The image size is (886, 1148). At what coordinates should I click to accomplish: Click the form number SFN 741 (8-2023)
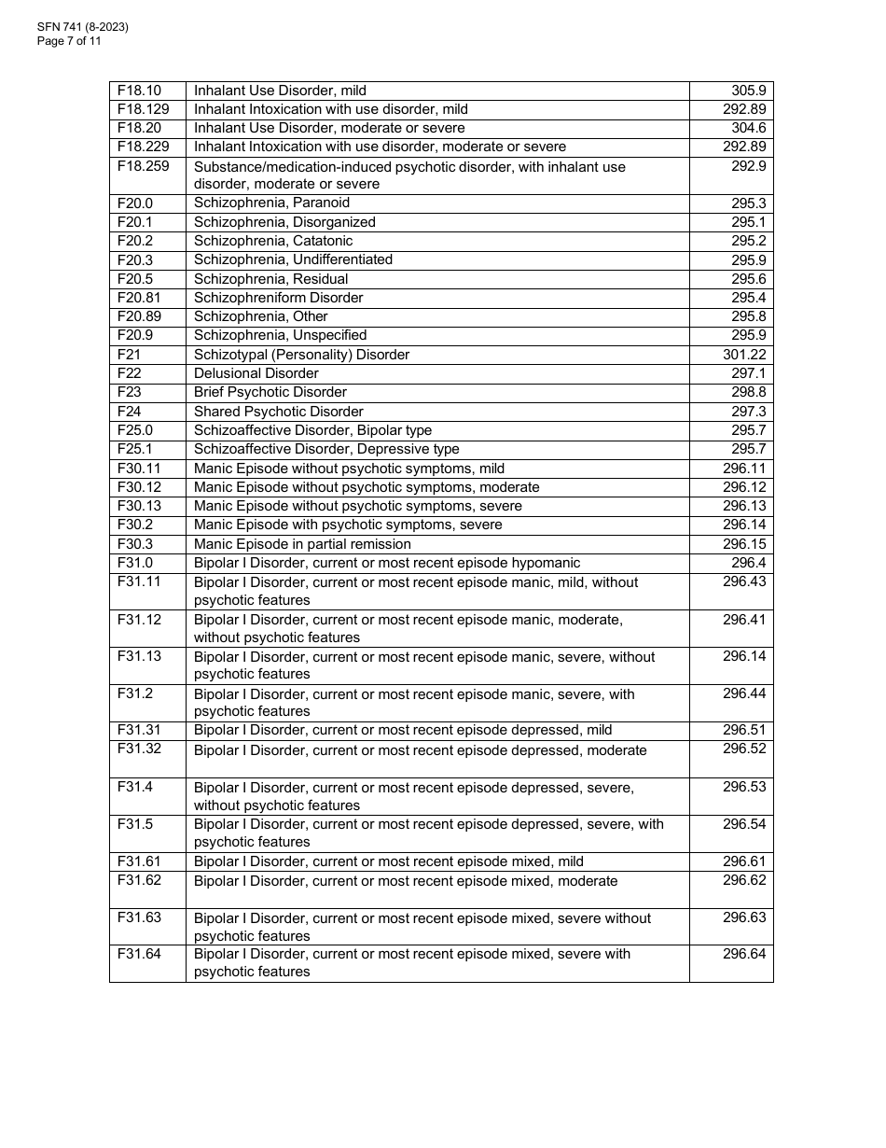click(x=83, y=27)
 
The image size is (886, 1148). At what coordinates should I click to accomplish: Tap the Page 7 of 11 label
click(x=69, y=41)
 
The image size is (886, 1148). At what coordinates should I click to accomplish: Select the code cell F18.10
click(x=139, y=91)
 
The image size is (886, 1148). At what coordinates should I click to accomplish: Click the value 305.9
click(x=749, y=91)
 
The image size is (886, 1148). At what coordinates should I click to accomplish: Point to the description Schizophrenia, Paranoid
click(x=271, y=203)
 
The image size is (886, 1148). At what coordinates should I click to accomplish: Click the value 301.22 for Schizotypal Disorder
click(x=744, y=355)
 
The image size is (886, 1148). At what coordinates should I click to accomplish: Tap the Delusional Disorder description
click(x=256, y=373)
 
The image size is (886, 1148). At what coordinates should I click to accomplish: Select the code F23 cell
click(x=130, y=392)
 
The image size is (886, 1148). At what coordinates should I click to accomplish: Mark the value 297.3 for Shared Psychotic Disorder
click(x=749, y=412)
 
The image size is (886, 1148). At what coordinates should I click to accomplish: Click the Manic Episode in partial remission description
click(x=302, y=544)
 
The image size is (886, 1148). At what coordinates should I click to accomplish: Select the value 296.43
click(x=744, y=581)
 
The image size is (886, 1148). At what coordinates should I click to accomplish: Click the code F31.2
click(x=135, y=693)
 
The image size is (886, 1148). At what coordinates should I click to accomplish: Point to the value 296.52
click(x=744, y=749)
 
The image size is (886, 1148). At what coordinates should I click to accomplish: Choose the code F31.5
click(x=135, y=824)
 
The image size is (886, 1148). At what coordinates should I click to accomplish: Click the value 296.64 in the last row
click(x=744, y=954)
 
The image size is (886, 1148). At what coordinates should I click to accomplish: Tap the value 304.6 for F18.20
click(x=749, y=128)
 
